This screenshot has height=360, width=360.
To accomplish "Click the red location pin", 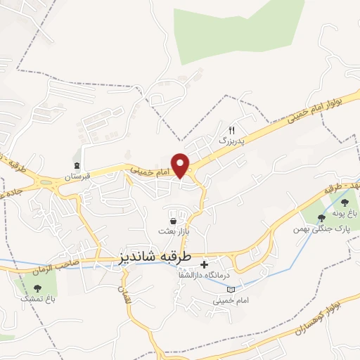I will tap(181, 165).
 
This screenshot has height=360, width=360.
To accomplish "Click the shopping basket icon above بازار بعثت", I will tap(173, 221).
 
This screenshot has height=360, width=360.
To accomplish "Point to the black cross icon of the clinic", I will tap(205, 265).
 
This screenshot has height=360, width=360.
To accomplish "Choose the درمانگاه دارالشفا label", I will tap(227, 277).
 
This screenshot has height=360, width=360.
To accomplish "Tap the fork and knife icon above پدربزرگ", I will tap(232, 130).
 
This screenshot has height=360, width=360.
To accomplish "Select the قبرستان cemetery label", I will tap(79, 177).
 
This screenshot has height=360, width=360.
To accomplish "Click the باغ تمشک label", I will tap(37, 299).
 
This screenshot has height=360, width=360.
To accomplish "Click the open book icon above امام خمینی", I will tap(221, 288).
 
